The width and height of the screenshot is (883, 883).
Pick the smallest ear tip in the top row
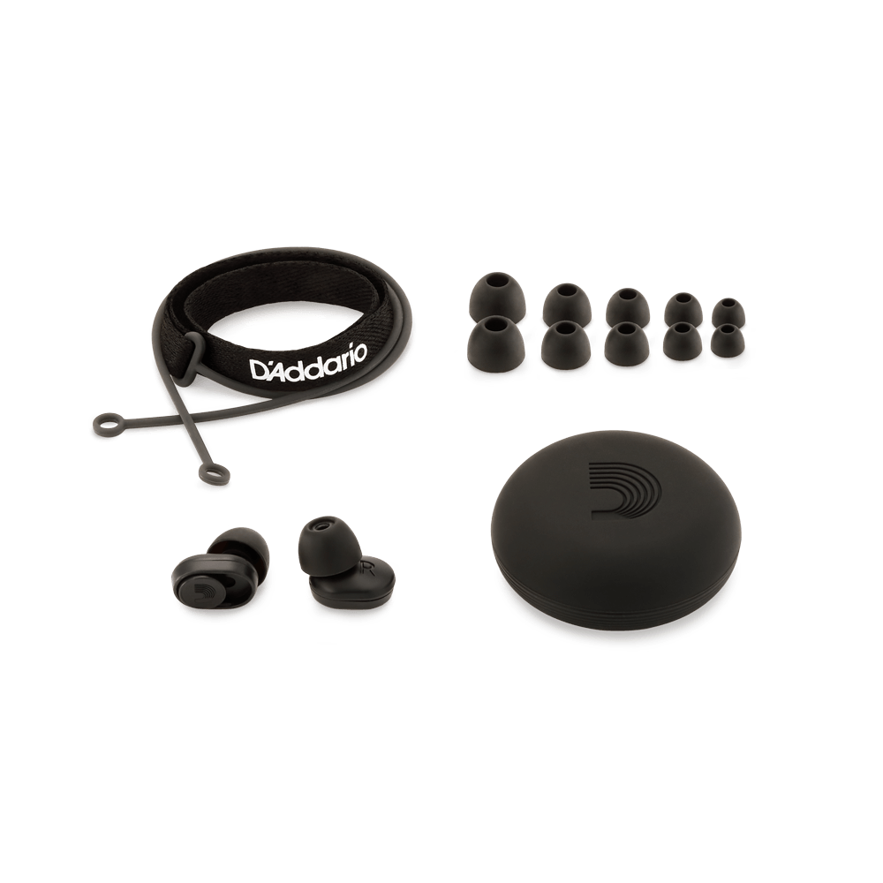click(727, 312)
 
